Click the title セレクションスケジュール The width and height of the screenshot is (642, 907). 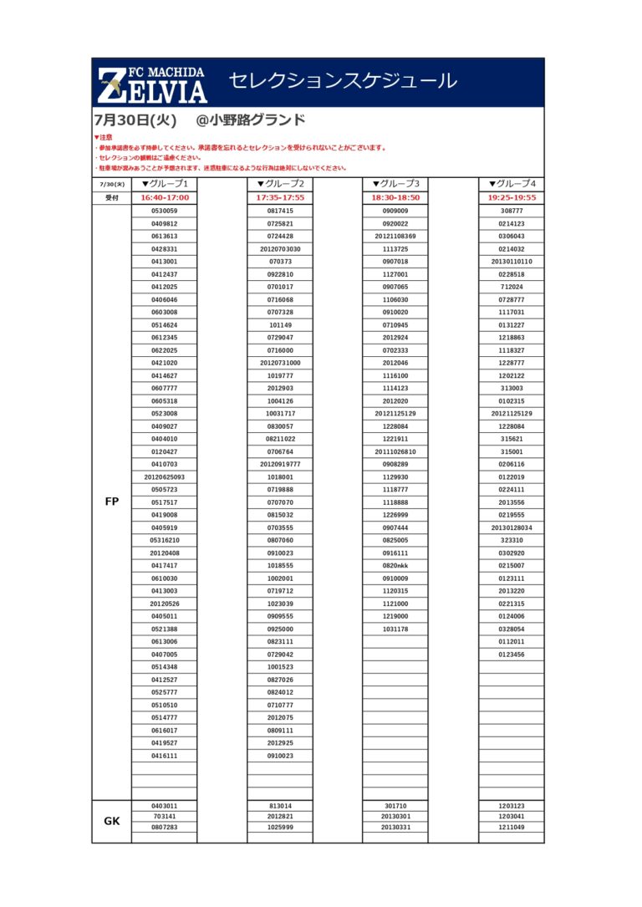[x=343, y=81]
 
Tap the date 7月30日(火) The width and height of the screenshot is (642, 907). [x=135, y=120]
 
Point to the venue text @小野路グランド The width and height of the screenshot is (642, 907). [x=250, y=120]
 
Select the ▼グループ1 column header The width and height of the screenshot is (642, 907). [x=165, y=184]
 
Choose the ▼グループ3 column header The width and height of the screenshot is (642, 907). [x=395, y=184]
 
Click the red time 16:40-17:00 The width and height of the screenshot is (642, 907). [x=165, y=198]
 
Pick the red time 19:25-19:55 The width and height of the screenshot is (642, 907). [x=512, y=198]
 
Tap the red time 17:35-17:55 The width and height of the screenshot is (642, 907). [x=280, y=198]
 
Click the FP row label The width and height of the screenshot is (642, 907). [x=112, y=502]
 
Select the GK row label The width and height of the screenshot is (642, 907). [x=112, y=821]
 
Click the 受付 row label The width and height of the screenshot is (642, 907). [x=112, y=198]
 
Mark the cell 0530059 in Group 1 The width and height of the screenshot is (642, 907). [x=165, y=211]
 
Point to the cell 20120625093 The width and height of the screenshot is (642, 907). [x=165, y=477]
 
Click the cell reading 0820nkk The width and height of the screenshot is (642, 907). [x=395, y=566]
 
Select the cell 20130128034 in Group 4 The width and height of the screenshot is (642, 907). [x=512, y=527]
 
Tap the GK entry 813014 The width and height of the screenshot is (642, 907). [x=280, y=806]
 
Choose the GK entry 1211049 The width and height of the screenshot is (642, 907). [x=512, y=827]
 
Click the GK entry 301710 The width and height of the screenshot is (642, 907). [x=395, y=806]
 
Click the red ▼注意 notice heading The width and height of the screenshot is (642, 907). [x=103, y=137]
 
